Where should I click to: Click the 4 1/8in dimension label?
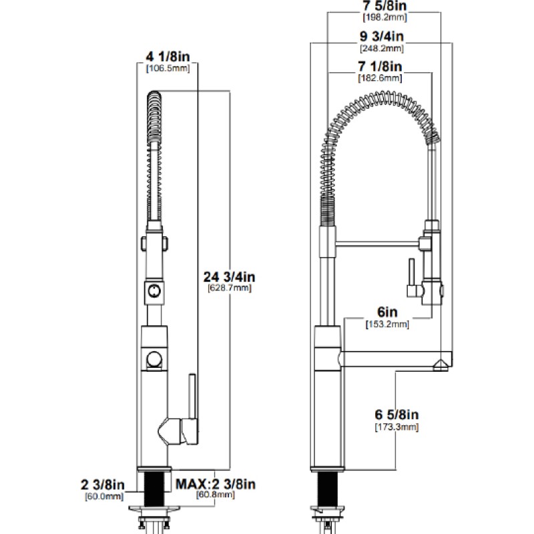[168, 57]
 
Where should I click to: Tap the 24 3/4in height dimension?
[229, 277]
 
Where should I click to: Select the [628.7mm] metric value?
[230, 288]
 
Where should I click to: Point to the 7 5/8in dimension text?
[384, 6]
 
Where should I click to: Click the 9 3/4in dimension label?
[382, 36]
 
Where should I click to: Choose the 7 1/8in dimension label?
[380, 66]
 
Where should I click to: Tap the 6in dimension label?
[387, 312]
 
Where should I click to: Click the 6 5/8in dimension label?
[396, 415]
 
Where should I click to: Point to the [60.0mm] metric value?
[104, 497]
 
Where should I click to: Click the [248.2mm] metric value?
[382, 48]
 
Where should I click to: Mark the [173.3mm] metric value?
[396, 427]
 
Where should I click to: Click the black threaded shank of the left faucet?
[154, 489]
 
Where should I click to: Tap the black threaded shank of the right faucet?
[328, 489]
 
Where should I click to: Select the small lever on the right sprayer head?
[411, 272]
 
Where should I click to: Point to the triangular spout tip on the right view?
[441, 365]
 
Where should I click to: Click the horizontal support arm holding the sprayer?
[377, 243]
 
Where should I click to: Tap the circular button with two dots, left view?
[154, 291]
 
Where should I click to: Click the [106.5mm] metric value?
[168, 69]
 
